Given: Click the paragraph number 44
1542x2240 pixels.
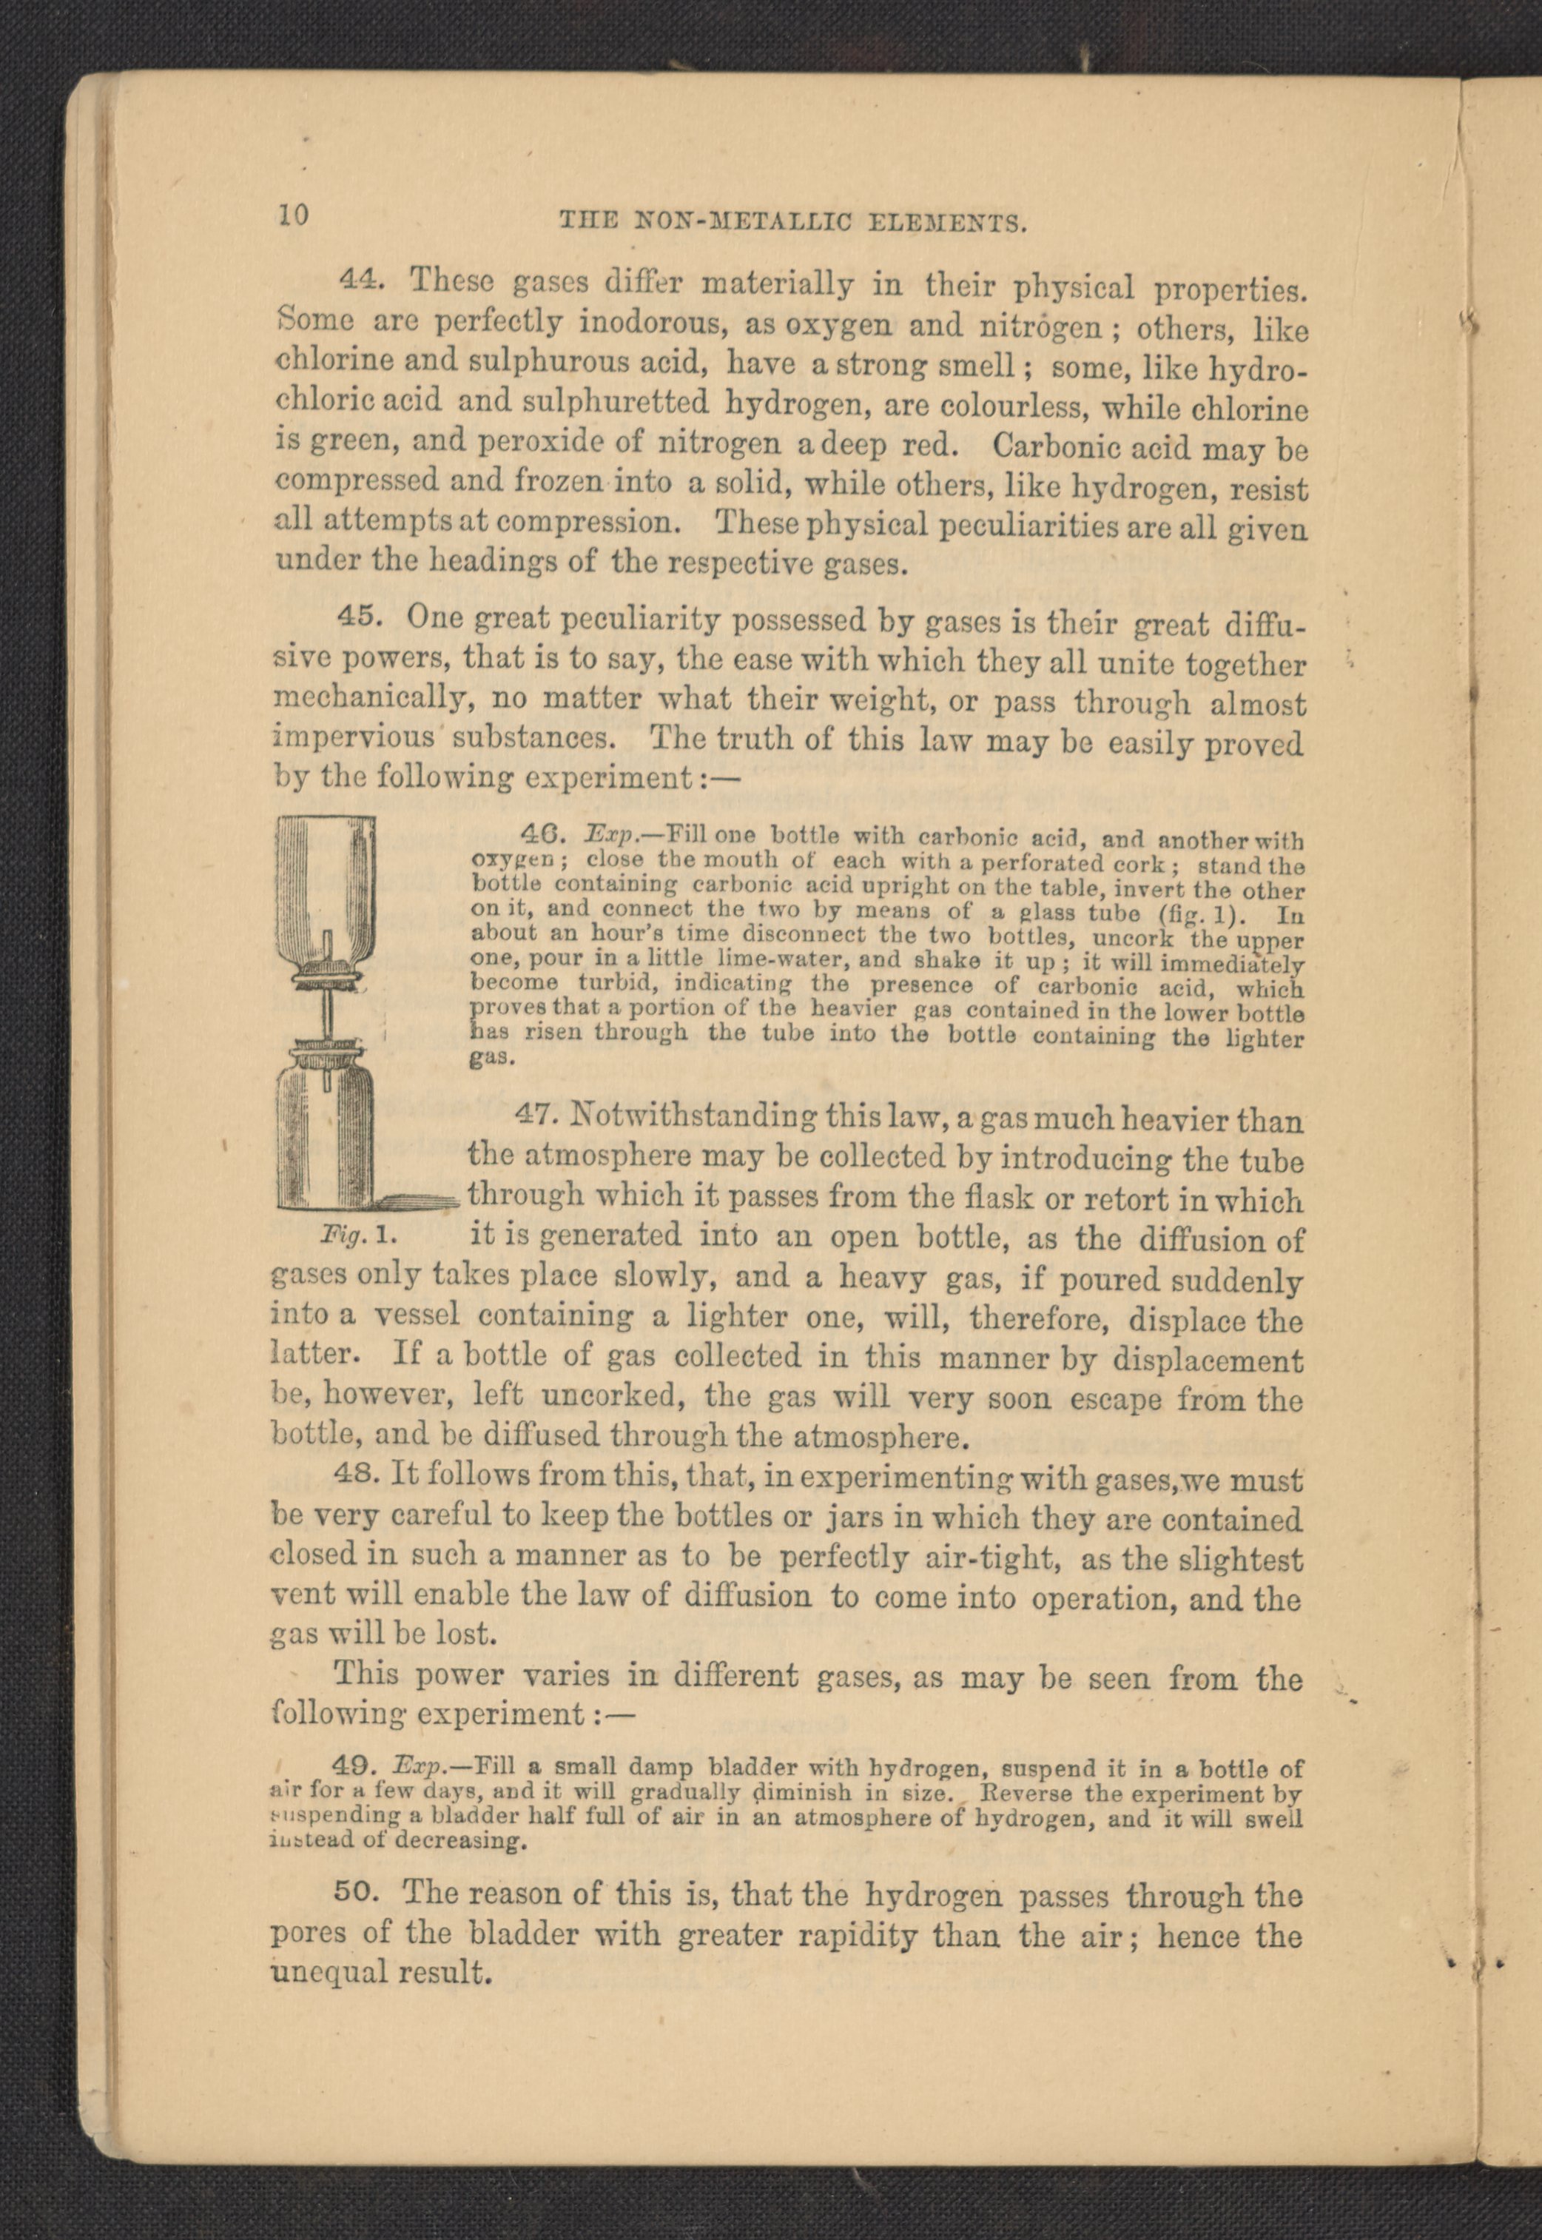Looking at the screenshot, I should [x=363, y=278].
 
